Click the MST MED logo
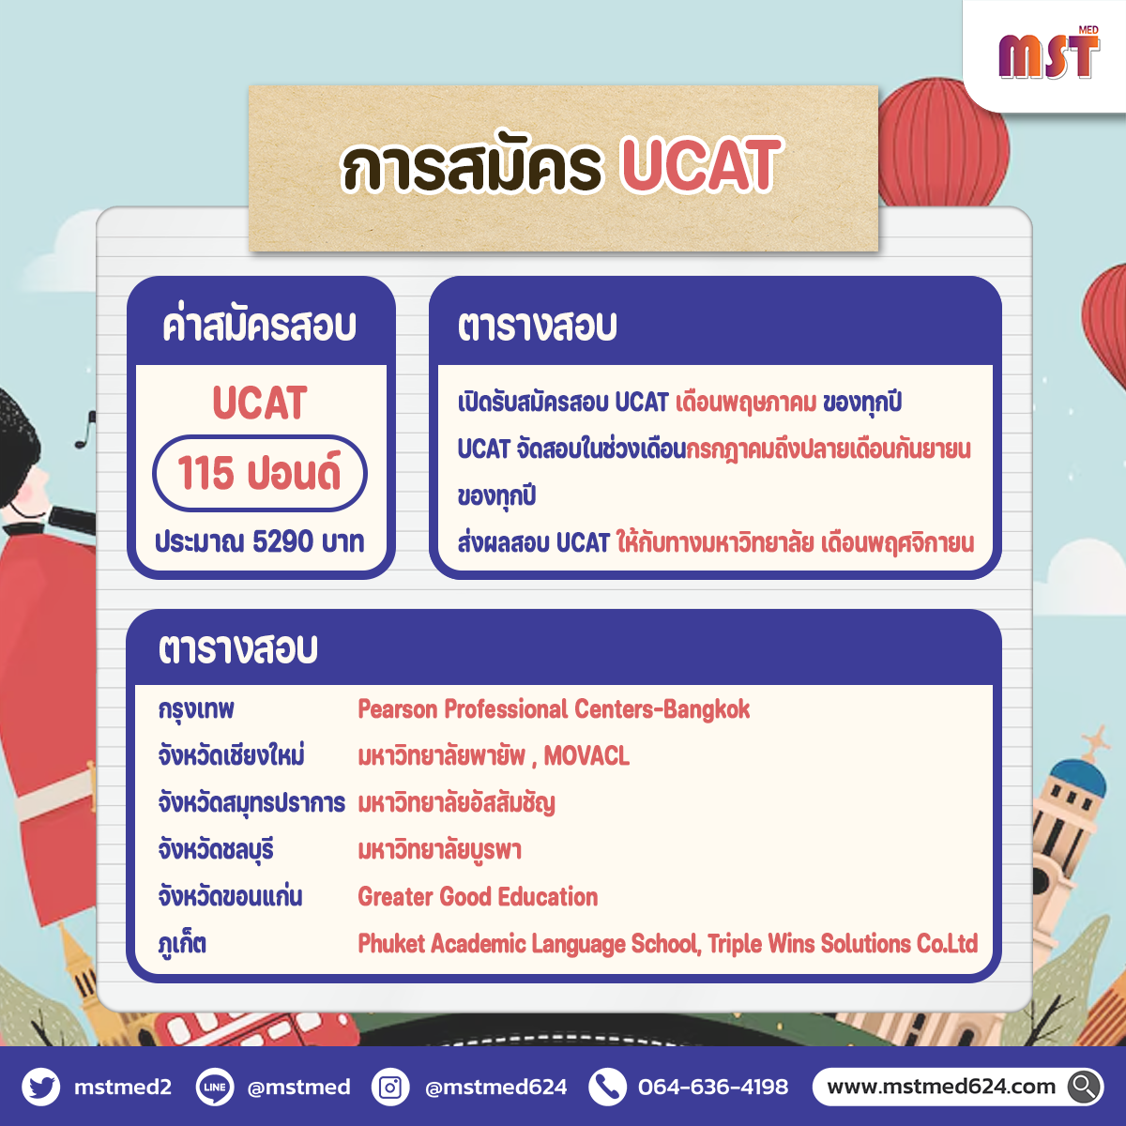pos(1049,53)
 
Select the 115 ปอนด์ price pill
pos(259,473)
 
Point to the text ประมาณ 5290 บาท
pos(259,541)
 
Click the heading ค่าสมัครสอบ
pos(259,325)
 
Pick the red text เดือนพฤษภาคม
pos(746,403)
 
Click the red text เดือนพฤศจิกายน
pos(898,543)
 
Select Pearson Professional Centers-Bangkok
pos(554,709)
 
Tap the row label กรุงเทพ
pos(196,710)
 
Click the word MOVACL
pos(586,756)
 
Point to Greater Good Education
pos(478,896)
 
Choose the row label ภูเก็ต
pos(182,943)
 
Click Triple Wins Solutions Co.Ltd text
pos(843,943)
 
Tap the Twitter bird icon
pos(41,1087)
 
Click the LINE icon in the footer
pos(215,1087)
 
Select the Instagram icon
pos(390,1087)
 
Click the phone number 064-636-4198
pos(713,1087)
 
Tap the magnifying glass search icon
pos(1085,1087)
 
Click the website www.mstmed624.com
pos(941,1087)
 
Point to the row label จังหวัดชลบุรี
pos(216,849)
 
